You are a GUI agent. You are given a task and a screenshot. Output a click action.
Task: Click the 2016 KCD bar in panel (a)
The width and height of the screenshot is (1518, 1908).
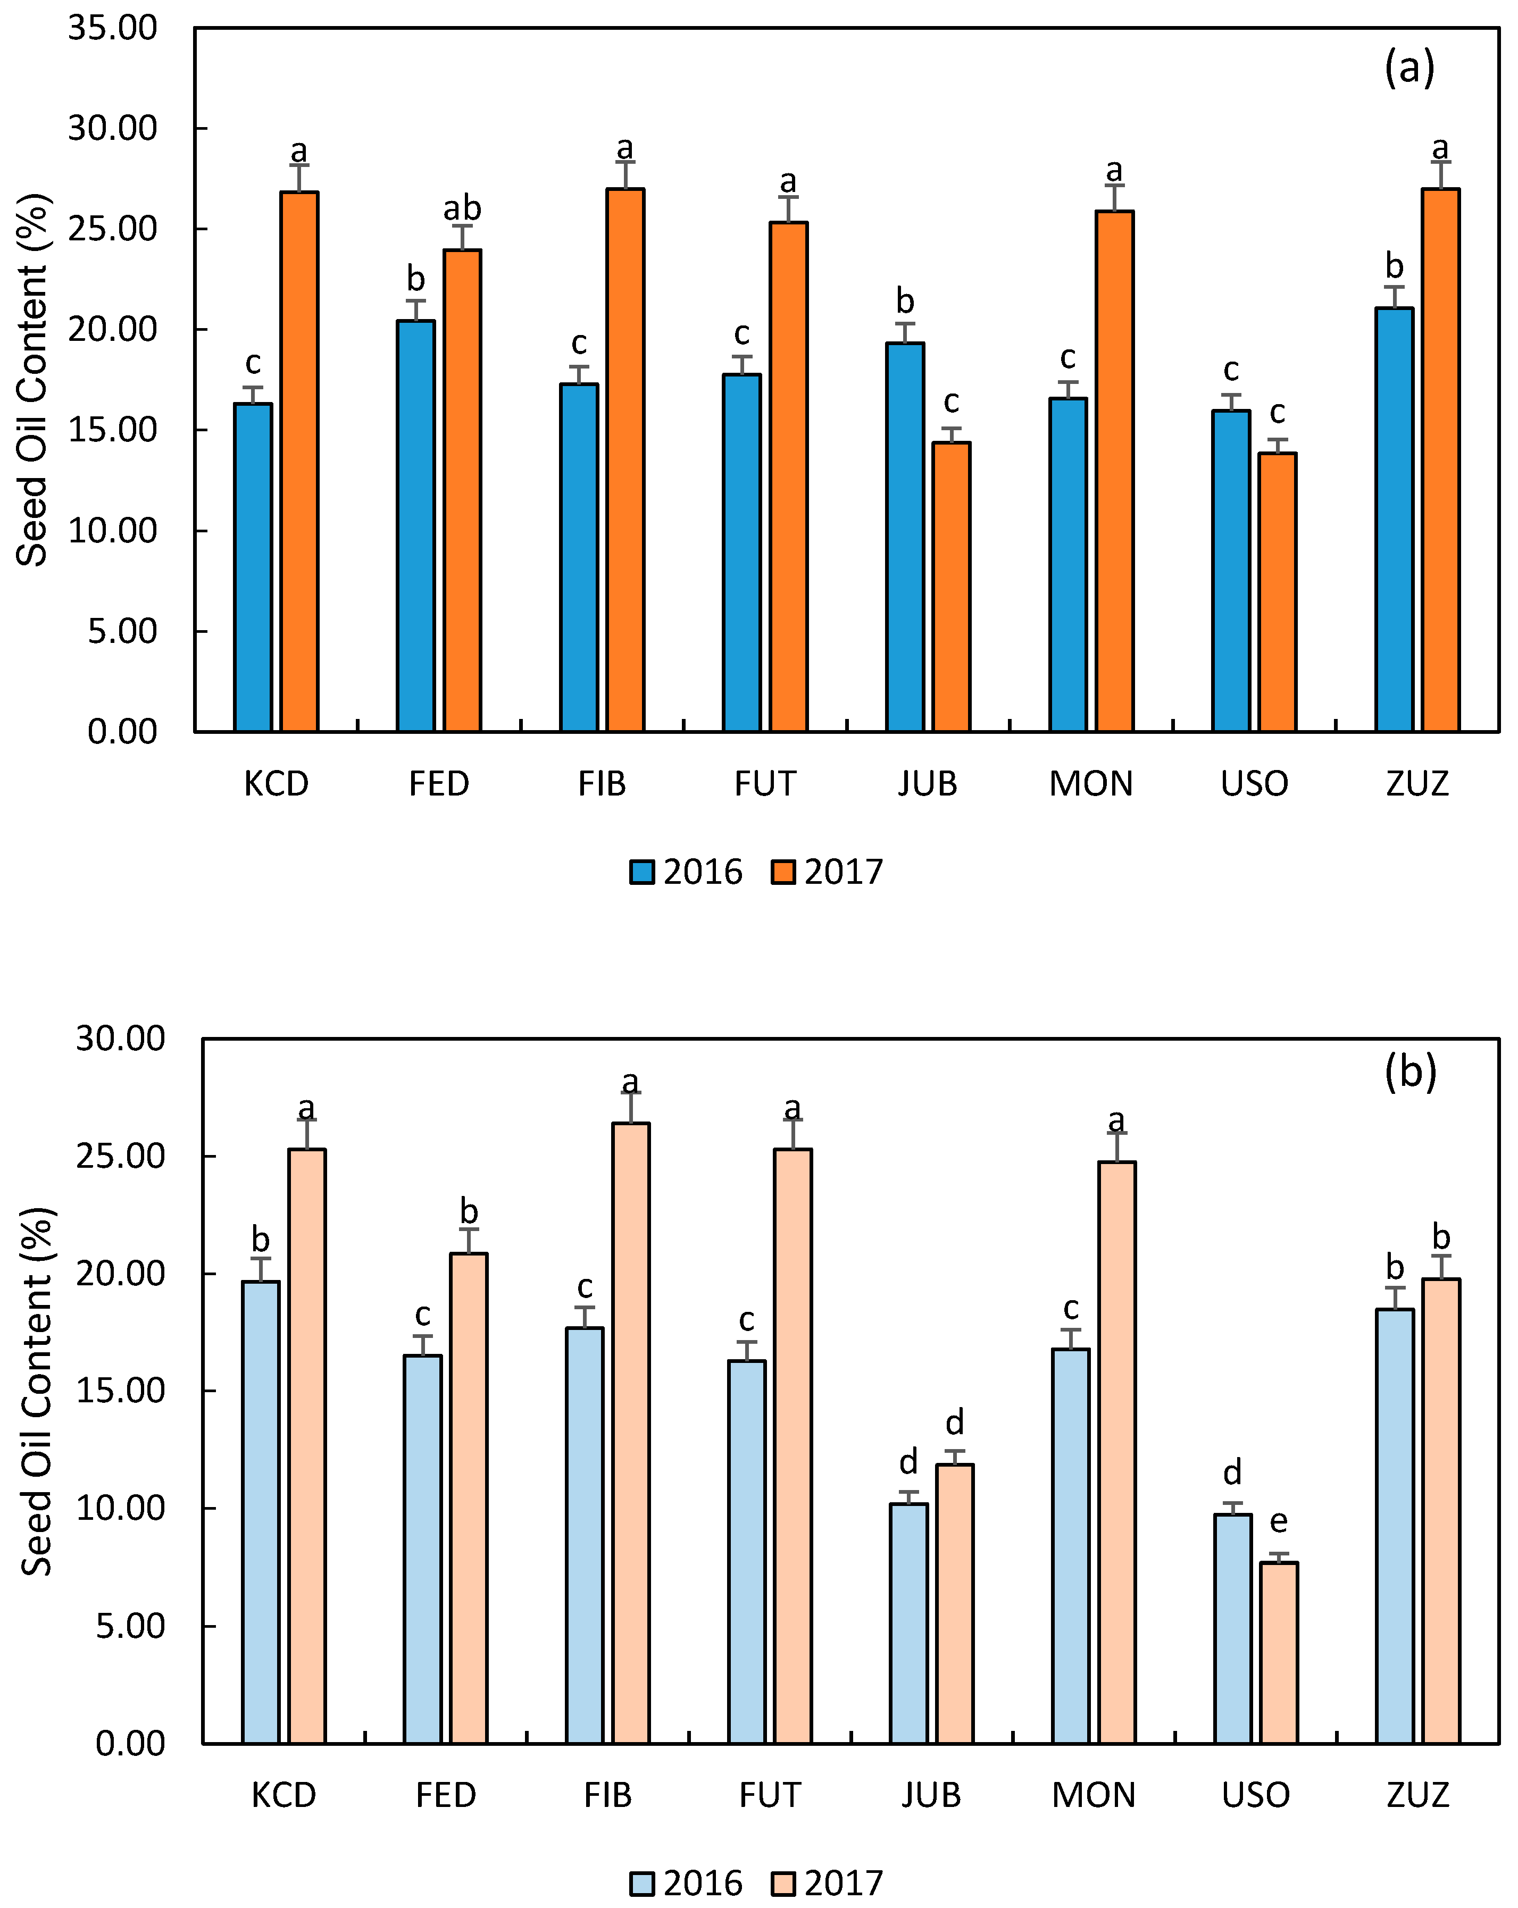tap(253, 567)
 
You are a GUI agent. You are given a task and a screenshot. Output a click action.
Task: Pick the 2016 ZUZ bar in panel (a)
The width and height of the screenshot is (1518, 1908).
tap(1394, 520)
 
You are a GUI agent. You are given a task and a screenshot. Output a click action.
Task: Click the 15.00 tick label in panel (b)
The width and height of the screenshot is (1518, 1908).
tap(120, 1390)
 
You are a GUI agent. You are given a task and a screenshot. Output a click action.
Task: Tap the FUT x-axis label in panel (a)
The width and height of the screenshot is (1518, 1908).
tap(765, 784)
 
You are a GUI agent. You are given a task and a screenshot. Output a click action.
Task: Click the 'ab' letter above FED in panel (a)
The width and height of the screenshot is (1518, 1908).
tap(462, 209)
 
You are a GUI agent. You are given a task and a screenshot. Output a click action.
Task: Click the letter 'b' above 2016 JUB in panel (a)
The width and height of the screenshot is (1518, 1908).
tap(905, 302)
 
